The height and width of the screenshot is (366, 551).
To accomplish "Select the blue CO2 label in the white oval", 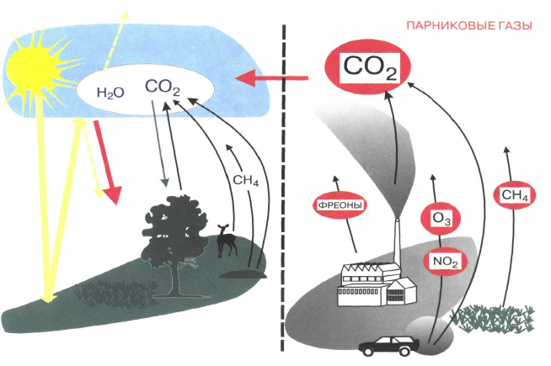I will (163, 88).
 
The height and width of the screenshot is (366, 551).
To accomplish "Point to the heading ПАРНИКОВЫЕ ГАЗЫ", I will (468, 26).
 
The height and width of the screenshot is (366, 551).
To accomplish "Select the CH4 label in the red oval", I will (514, 196).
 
